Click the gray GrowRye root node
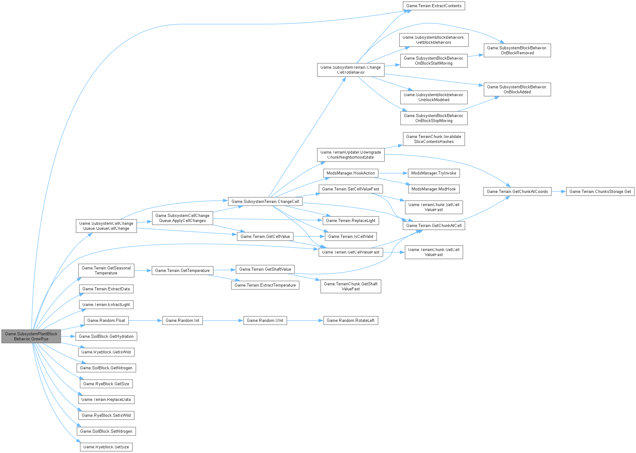click(31, 336)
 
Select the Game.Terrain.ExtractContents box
click(433, 6)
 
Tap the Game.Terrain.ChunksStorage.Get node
click(600, 191)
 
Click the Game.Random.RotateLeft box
click(350, 320)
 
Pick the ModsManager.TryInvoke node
click(433, 173)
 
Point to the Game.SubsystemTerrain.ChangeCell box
click(265, 201)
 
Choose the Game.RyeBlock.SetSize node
click(106, 447)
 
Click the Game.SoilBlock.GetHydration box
click(106, 336)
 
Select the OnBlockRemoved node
click(517, 50)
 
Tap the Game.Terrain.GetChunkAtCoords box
click(517, 191)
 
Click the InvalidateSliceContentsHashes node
click(433, 139)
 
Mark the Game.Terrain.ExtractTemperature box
click(265, 285)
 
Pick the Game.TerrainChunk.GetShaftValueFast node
click(350, 286)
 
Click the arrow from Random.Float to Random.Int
click(145, 320)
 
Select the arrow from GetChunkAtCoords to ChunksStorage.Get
click(559, 191)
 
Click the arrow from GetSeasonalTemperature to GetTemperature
click(143, 270)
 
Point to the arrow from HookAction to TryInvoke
click(393, 173)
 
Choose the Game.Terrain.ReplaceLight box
click(350, 220)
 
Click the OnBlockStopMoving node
click(433, 118)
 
